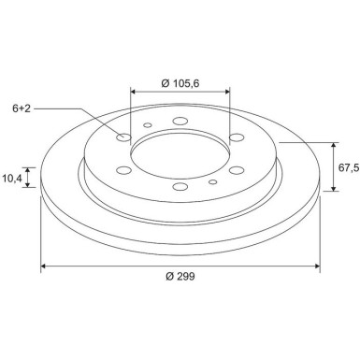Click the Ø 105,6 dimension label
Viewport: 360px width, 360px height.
pos(180,83)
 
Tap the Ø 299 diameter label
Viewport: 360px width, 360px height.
pos(180,276)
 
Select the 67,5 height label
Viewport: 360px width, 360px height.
pos(349,167)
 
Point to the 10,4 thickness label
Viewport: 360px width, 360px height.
pos(12,179)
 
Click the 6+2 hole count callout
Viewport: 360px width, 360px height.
pos(22,108)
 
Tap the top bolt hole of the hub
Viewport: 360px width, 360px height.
pos(180,121)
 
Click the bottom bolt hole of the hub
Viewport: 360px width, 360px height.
pos(180,186)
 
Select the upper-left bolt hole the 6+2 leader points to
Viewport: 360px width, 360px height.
pos(123,137)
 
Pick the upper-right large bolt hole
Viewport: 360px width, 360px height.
pos(237,137)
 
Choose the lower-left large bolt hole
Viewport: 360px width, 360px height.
pos(123,170)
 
